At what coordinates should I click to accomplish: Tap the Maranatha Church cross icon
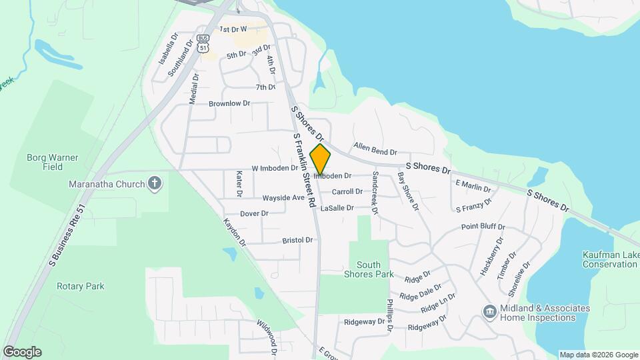155,183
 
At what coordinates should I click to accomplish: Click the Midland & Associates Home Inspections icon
489,312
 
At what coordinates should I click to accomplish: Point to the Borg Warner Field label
52,163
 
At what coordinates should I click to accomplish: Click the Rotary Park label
80,287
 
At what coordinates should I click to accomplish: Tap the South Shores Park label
368,269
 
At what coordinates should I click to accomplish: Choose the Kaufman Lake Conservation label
609,259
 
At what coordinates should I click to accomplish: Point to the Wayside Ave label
283,198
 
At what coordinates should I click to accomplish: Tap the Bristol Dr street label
297,239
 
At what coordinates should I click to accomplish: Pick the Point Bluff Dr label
483,227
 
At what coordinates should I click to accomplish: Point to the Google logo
22,351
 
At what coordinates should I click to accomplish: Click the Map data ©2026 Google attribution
599,355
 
